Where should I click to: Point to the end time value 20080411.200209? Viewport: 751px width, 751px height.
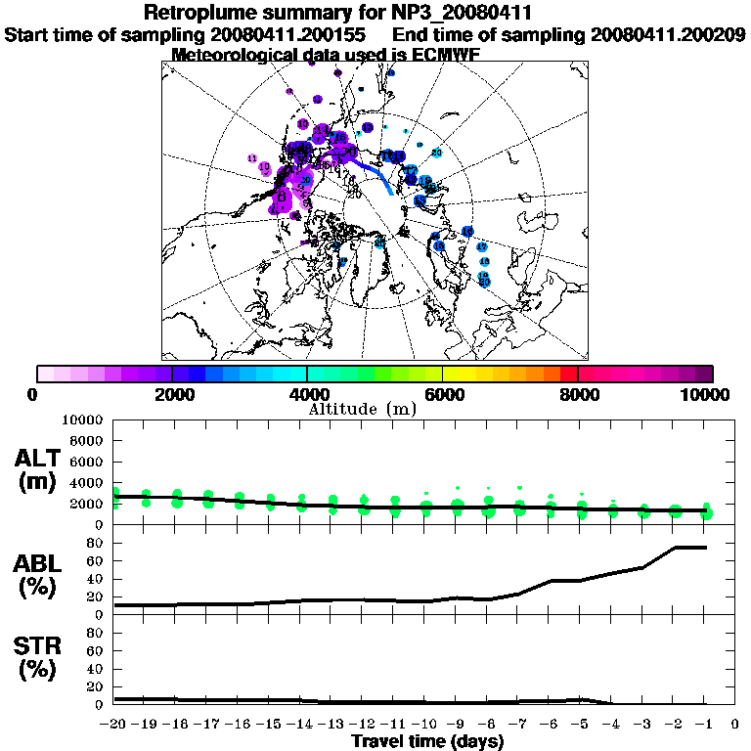(x=668, y=35)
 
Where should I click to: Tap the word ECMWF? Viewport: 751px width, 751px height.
(x=442, y=55)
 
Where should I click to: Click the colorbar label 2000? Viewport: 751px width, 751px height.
(x=172, y=394)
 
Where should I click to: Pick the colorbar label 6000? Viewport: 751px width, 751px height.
(x=443, y=394)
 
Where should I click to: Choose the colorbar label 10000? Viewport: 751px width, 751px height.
(x=704, y=394)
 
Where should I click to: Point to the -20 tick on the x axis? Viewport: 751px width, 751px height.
(x=115, y=726)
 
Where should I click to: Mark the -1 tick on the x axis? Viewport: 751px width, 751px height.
(x=704, y=726)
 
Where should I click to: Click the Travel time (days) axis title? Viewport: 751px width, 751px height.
(x=427, y=742)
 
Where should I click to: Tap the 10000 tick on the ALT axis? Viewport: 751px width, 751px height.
(x=83, y=420)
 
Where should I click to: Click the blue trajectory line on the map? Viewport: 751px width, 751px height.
(x=375, y=173)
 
